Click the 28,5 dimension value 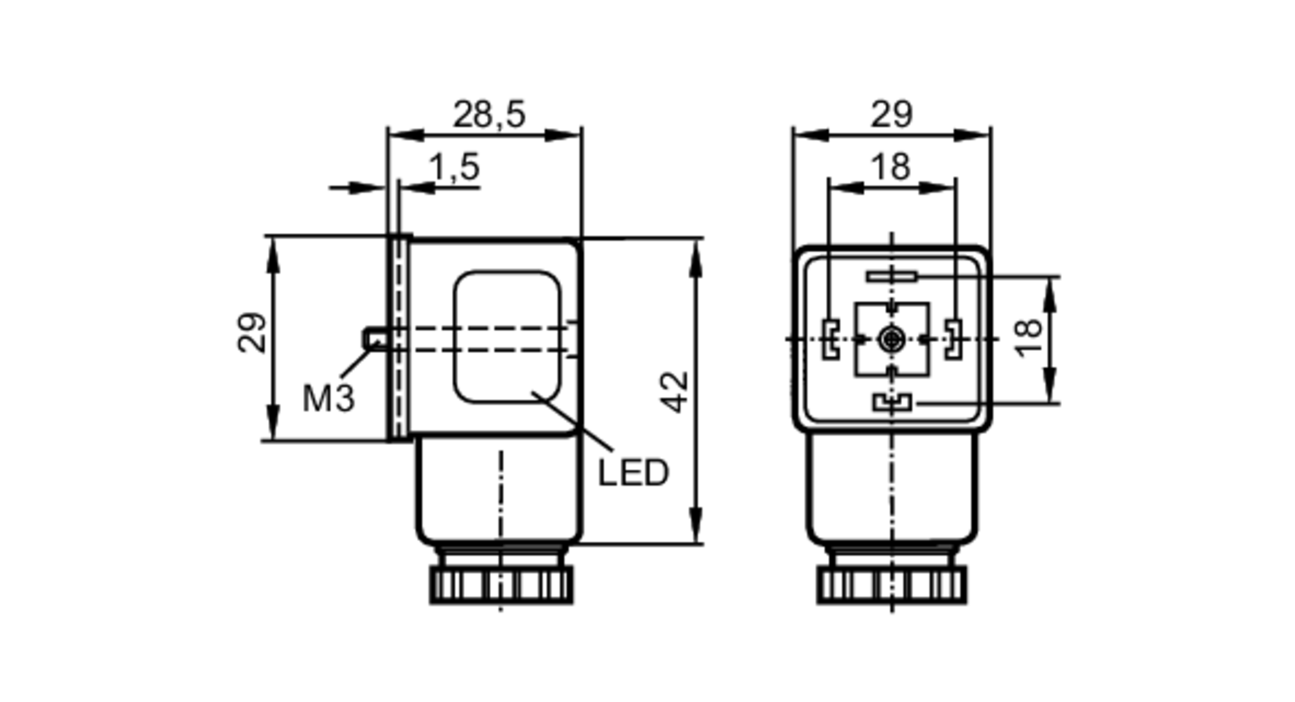(489, 115)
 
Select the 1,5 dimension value (455, 167)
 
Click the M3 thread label (328, 398)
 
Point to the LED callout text (633, 473)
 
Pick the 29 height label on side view (251, 333)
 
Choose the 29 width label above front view (892, 115)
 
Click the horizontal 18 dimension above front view (892, 166)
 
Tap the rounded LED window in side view (507, 337)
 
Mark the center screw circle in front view (892, 339)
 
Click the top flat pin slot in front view (892, 277)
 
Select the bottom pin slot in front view (892, 403)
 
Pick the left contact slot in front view (830, 339)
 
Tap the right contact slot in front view (953, 339)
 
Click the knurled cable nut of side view (501, 585)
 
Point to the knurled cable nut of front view (892, 585)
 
